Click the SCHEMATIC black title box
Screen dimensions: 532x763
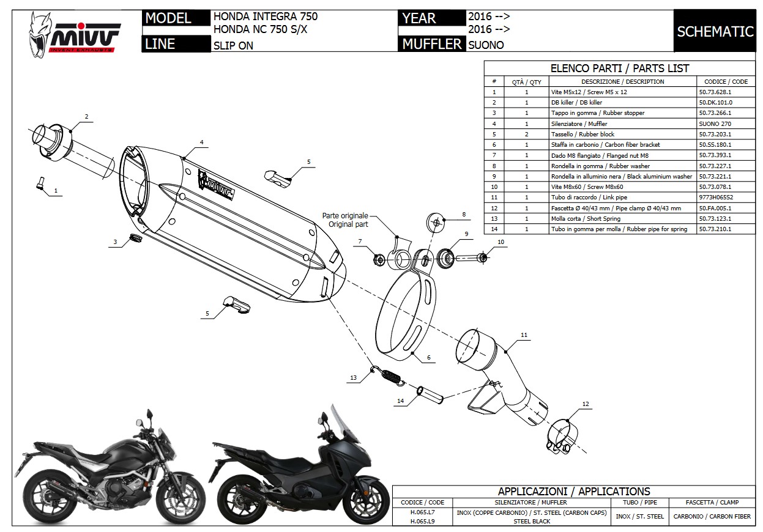click(x=715, y=31)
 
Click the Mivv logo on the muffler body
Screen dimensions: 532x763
click(x=218, y=184)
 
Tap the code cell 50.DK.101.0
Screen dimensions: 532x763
click(x=715, y=103)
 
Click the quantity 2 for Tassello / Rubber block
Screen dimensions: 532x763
click(x=526, y=134)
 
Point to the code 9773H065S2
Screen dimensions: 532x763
click(x=716, y=198)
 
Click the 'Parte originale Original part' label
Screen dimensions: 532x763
click(x=346, y=220)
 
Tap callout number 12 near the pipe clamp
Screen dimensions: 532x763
click(x=586, y=404)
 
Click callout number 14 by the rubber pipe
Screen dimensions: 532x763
click(x=400, y=401)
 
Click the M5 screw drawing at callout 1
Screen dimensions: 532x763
click(x=41, y=183)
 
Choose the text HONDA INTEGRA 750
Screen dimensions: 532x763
click(x=265, y=17)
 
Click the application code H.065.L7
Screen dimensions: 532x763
click(x=422, y=512)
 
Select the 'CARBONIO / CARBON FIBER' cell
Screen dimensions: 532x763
click(x=712, y=517)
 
